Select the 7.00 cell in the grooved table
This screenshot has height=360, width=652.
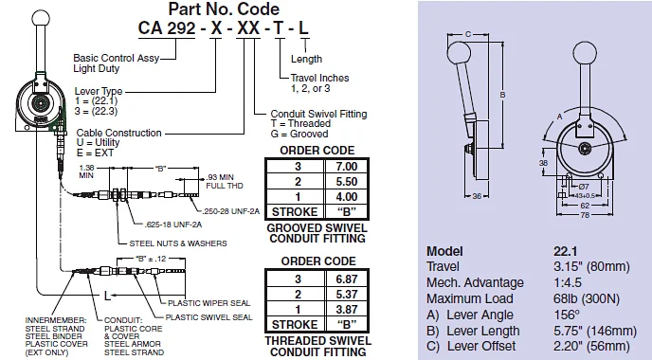pos(339,166)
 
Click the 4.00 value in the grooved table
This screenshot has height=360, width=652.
pos(339,196)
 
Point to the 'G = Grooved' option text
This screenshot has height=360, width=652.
pos(299,135)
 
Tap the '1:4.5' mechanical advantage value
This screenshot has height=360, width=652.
pos(566,282)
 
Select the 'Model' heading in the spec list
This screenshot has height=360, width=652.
pos(444,251)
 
